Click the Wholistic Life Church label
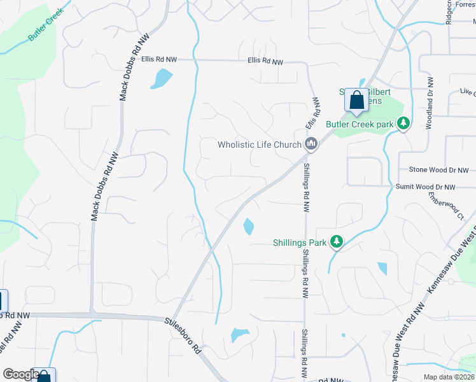point(259,145)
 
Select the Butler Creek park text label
point(360,124)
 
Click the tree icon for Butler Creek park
point(403,123)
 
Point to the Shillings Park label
point(299,243)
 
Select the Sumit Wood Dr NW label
point(426,187)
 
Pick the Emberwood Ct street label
point(445,205)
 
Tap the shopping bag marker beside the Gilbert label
point(356,100)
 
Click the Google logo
point(21,374)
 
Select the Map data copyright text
point(449,377)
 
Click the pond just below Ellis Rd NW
point(162,78)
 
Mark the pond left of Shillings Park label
point(248,226)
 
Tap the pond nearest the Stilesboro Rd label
point(239,334)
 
